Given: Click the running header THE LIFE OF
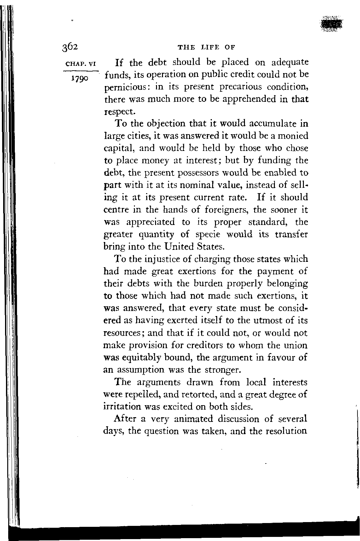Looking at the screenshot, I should [207, 48].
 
